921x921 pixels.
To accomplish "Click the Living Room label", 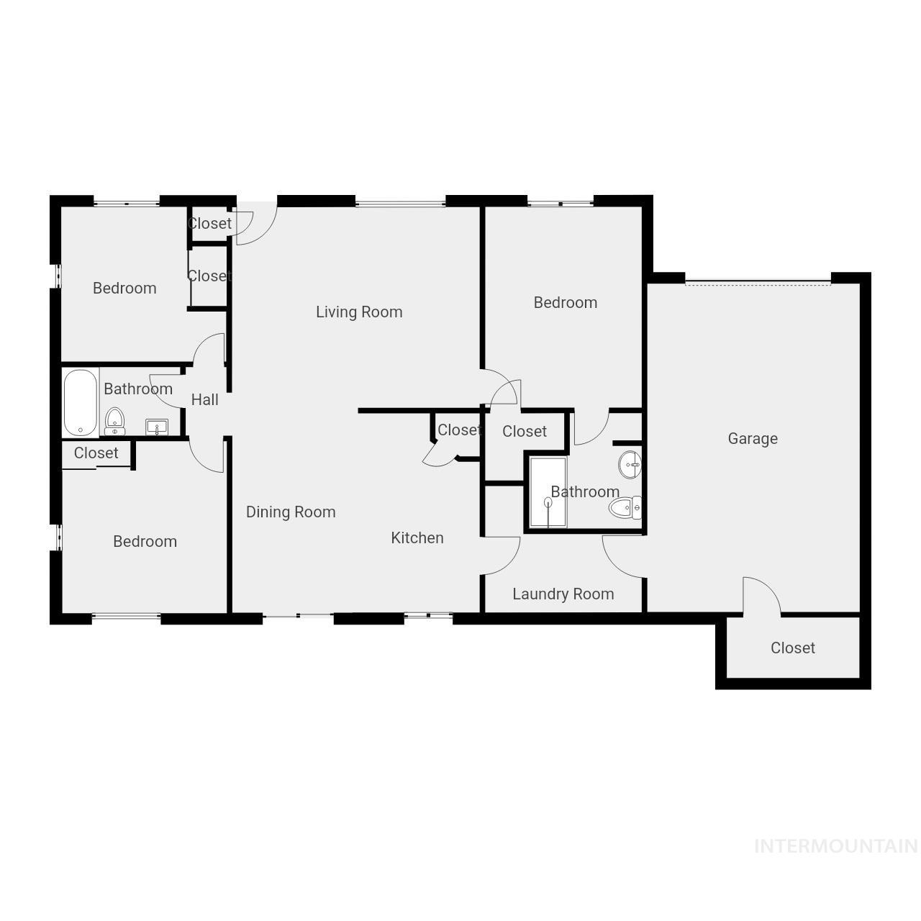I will pos(359,312).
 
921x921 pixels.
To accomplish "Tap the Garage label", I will pos(753,438).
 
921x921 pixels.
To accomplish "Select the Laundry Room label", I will pos(563,594).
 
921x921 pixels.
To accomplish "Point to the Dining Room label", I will pos(291,512).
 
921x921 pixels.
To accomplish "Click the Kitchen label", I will pos(417,537).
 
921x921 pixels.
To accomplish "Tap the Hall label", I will pos(205,399).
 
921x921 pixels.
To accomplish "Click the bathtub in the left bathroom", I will pos(80,403).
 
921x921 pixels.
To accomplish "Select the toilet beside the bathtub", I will pos(114,420).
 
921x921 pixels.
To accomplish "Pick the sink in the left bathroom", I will pos(157,427).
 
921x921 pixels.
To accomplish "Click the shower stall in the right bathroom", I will pos(548,492).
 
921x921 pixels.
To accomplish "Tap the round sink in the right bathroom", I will pos(630,464).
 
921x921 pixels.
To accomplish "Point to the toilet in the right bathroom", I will pos(625,508).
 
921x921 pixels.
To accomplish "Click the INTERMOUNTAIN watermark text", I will pos(835,846).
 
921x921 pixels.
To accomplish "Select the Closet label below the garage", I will pos(793,648).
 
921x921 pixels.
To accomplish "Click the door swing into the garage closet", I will pos(761,594).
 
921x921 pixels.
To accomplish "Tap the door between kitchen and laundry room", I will pos(502,555).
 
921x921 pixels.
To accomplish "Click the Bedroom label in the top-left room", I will pos(124,288).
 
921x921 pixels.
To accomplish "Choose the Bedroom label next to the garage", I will pos(566,302).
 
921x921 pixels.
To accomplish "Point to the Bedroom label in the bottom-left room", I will pos(145,541).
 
